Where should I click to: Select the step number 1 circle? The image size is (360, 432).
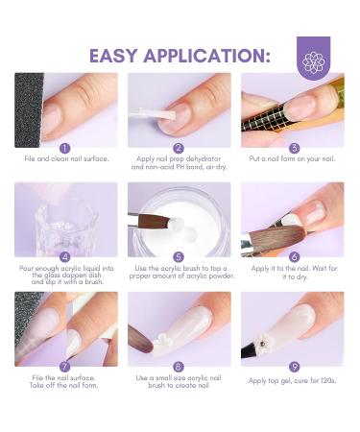65,148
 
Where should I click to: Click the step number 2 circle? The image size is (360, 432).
179,148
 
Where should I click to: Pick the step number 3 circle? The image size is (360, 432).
293,148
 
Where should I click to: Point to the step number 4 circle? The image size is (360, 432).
65,256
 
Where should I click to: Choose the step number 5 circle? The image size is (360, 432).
179,256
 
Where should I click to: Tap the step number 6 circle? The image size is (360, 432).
293,256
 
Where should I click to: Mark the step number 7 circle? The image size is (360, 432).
65,367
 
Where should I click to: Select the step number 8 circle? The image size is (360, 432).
179,367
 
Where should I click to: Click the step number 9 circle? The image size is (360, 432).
293,367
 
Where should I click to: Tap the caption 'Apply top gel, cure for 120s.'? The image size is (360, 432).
293,381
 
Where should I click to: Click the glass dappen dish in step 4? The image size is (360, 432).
63,221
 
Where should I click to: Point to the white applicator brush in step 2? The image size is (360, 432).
154,114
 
